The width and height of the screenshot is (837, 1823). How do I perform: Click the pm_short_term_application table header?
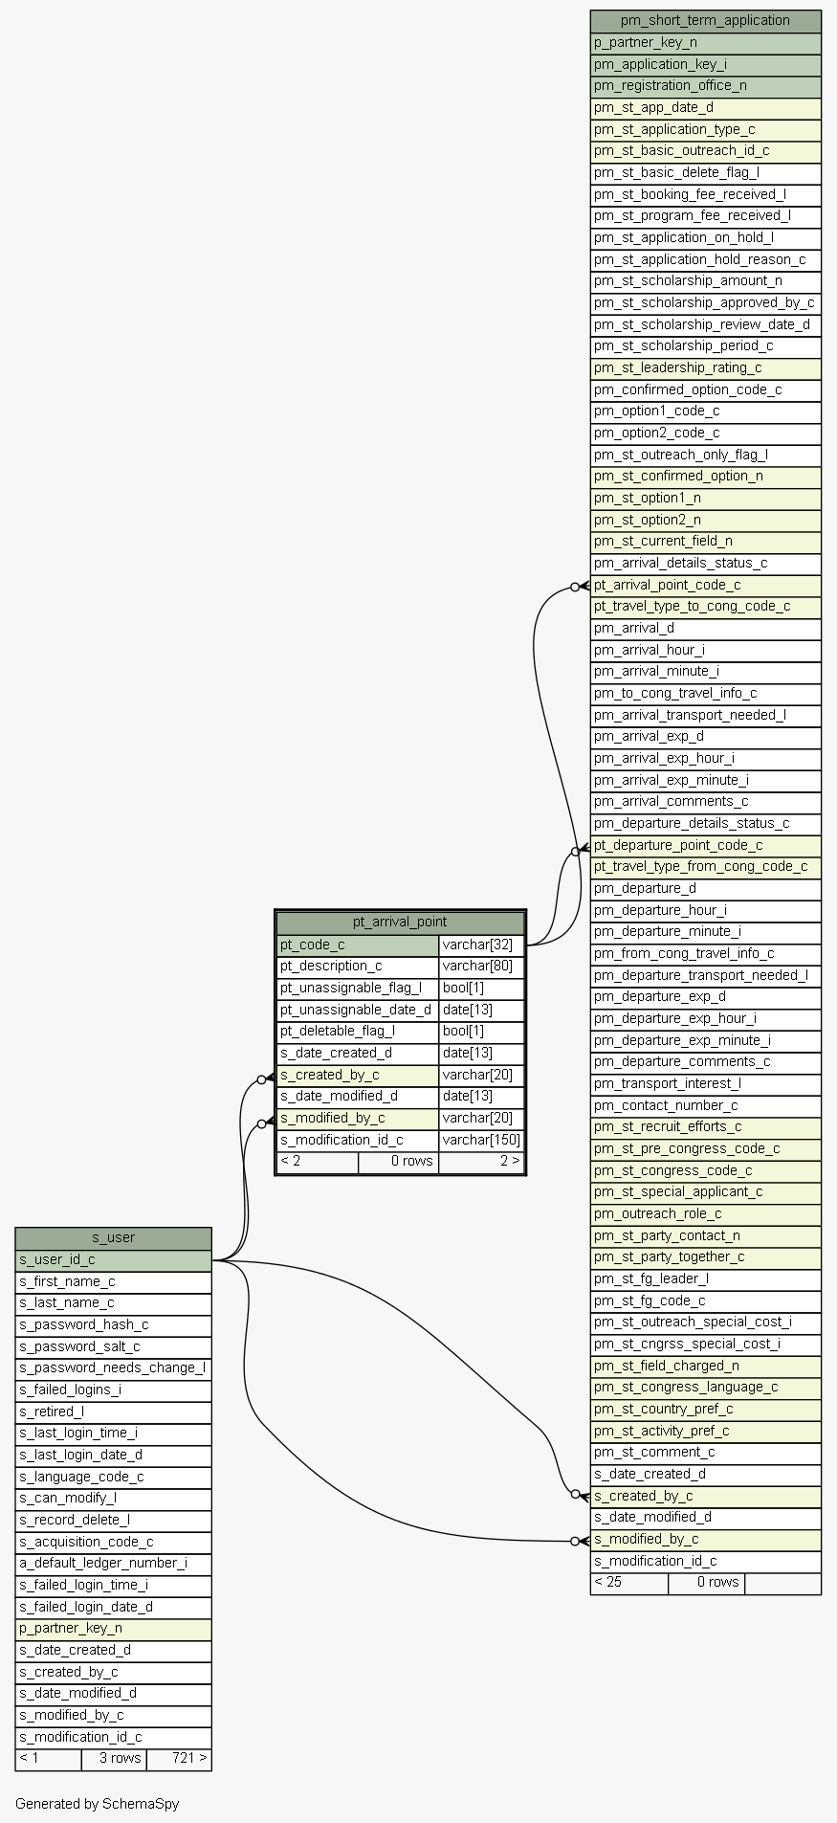705,21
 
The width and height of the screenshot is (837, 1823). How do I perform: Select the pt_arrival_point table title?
400,923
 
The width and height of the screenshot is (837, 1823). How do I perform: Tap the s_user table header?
113,1237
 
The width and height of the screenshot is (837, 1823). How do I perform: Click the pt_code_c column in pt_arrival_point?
358,945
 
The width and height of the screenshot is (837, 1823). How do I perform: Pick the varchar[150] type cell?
481,1140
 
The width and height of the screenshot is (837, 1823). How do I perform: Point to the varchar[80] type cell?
481,967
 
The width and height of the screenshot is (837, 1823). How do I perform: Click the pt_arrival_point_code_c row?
705,585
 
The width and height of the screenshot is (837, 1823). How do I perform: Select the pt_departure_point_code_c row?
705,845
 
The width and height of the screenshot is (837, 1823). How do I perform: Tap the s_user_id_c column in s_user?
113,1259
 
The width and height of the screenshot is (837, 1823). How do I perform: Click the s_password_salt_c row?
113,1346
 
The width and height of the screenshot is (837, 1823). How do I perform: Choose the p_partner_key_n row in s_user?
113,1628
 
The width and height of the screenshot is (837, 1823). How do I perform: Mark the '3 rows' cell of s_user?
114,1758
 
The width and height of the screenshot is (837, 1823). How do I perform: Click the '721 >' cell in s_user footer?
179,1758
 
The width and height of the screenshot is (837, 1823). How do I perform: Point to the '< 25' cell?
628,1582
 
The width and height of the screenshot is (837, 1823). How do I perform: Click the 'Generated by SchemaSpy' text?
97,1804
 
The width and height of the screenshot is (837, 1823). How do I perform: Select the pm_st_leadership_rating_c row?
705,367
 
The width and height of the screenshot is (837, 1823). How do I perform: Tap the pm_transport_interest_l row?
705,1083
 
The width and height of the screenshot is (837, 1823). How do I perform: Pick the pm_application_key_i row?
705,64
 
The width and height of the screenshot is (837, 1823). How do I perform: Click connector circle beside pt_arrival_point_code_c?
575,586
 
